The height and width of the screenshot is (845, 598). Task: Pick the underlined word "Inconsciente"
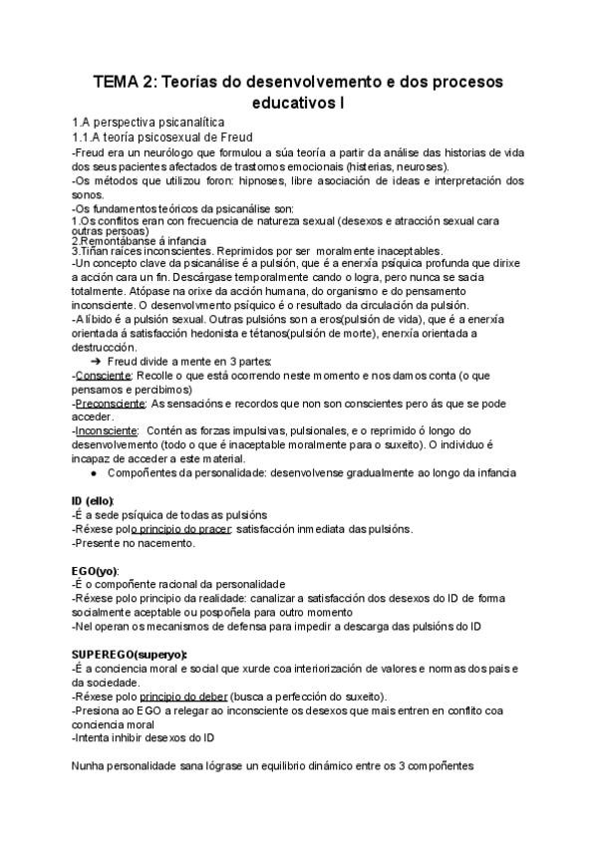click(105, 430)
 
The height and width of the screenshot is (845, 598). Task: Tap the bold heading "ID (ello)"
click(93, 500)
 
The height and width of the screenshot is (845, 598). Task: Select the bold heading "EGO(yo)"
click(95, 570)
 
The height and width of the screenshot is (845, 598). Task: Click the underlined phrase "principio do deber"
click(184, 696)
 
